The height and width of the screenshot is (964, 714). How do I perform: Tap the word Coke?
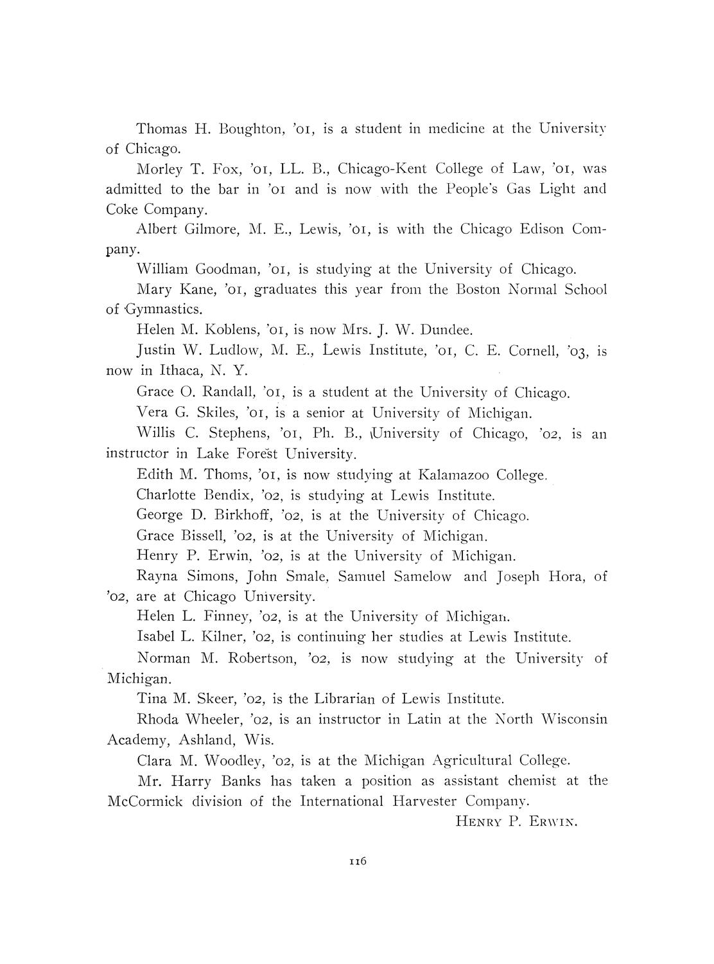tap(122, 210)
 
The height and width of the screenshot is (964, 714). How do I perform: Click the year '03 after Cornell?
tap(579, 352)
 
